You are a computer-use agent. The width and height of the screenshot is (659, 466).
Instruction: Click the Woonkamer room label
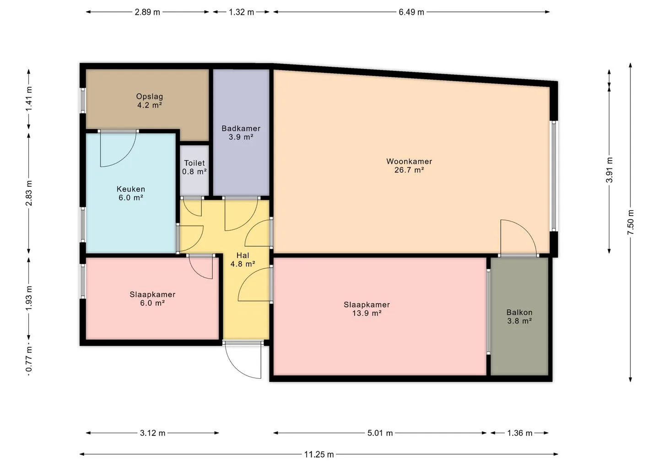[409, 166]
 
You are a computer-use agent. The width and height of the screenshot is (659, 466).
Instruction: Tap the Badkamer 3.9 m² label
[241, 133]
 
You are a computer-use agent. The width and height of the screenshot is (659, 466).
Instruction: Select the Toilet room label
[194, 167]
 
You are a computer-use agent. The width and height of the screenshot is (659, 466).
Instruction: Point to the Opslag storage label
[150, 101]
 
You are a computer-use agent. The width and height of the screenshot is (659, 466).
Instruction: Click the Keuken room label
[131, 193]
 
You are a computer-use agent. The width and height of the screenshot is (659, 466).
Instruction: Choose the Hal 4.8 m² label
[243, 260]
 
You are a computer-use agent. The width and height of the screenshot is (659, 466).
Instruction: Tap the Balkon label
[519, 317]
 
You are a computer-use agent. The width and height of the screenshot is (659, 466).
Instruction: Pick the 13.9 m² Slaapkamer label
[367, 309]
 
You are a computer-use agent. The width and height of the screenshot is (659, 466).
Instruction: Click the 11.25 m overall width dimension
[319, 455]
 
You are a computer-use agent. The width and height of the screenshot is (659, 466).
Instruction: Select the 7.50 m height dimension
[630, 222]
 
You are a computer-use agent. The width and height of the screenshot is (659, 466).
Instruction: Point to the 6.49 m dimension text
[411, 12]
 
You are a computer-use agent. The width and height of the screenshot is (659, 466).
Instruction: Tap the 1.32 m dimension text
[241, 12]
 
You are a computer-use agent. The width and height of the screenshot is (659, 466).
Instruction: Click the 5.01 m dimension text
[380, 433]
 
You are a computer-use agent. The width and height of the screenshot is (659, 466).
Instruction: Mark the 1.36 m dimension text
[519, 433]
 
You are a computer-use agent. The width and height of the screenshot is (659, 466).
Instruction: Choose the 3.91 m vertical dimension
[609, 170]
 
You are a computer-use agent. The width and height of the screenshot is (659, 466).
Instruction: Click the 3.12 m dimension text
[152, 433]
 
